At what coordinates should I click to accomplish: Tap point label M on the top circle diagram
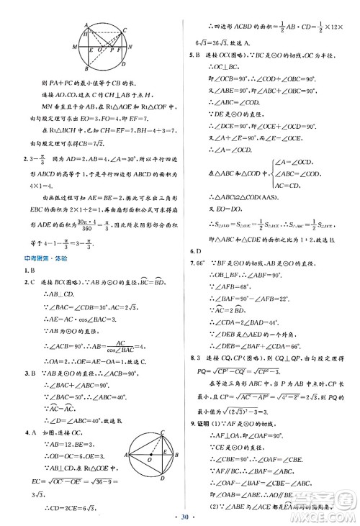click(x=75, y=47)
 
